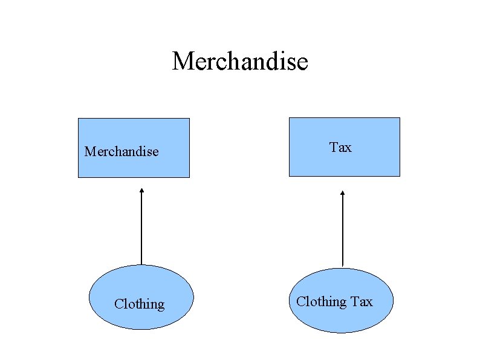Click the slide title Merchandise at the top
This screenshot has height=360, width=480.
coord(240,61)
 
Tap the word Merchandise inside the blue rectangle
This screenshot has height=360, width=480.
coord(122,151)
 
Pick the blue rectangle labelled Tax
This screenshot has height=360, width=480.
coord(344,163)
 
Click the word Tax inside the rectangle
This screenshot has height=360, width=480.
coord(340,147)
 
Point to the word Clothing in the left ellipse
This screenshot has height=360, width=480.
coord(139,304)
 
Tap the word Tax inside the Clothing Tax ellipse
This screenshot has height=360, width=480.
coord(362,301)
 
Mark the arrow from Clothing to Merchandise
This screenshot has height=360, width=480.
coord(141,227)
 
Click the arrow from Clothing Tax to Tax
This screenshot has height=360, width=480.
coord(343,229)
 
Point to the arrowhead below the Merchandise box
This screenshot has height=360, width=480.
coord(141,191)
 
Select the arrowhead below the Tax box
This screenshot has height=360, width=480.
coord(343,193)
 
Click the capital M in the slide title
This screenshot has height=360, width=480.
coord(183,61)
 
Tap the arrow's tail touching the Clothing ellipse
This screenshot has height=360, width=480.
coord(141,263)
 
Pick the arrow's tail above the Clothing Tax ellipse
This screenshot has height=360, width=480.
coord(343,265)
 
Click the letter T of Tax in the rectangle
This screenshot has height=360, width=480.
coord(333,147)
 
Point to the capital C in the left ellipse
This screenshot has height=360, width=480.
coord(118,304)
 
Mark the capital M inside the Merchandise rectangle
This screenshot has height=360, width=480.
coord(89,151)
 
